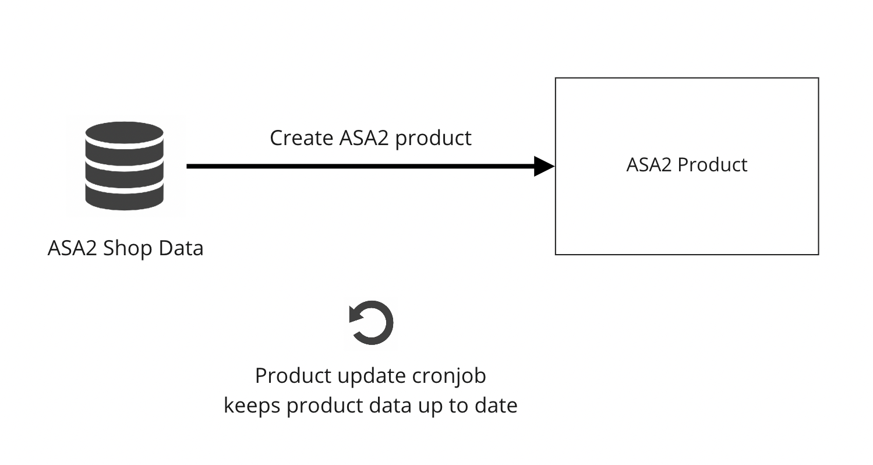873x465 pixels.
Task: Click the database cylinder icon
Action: click(x=124, y=166)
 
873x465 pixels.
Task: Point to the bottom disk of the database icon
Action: click(x=124, y=198)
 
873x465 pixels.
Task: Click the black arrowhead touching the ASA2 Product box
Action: click(x=544, y=166)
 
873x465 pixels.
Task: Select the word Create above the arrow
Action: click(x=301, y=138)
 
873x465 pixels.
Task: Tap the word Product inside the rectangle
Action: click(x=713, y=165)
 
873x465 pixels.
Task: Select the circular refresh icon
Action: click(x=371, y=323)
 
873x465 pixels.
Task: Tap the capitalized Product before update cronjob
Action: click(x=294, y=376)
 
